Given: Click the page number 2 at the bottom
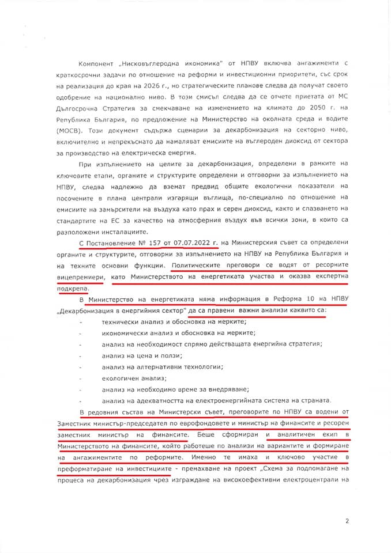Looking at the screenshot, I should (347, 521).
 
